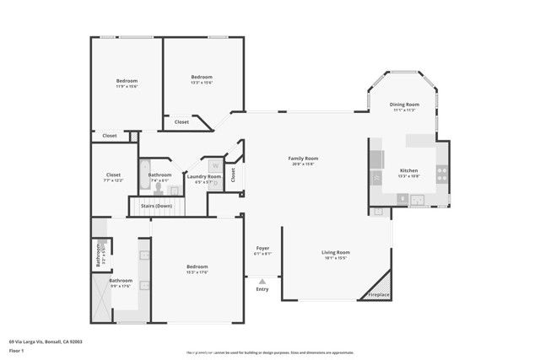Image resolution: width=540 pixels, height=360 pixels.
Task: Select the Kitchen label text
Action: tap(408, 170)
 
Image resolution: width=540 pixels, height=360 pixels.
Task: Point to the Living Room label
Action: tap(335, 252)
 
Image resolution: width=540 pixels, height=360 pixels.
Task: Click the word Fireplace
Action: tap(379, 294)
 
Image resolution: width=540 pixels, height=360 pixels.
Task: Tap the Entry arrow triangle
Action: tap(262, 282)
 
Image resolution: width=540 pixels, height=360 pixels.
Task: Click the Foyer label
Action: tap(262, 249)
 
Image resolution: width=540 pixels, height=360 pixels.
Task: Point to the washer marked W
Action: tap(215, 165)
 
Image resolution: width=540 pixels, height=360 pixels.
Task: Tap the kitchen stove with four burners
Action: tap(440, 174)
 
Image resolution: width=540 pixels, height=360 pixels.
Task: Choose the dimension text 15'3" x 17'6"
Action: tap(197, 271)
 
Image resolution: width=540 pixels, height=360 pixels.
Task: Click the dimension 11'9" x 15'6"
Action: tap(127, 86)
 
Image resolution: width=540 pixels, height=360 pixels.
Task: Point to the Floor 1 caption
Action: tap(17, 349)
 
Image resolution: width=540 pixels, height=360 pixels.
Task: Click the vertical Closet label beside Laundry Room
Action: tap(233, 174)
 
